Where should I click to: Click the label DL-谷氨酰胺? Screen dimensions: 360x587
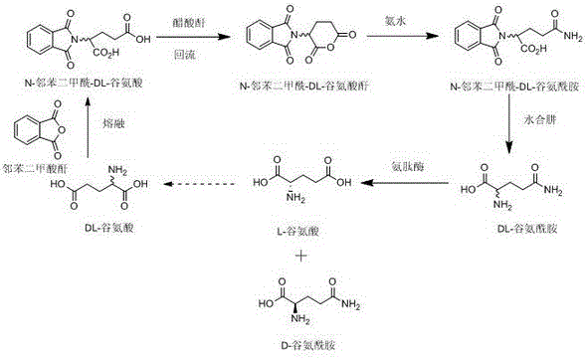point(515,229)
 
